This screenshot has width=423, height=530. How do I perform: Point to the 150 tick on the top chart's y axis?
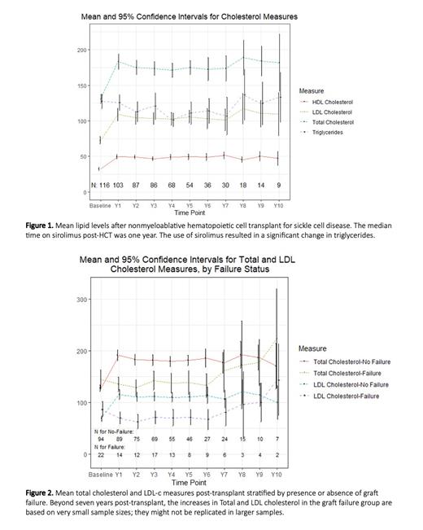(81, 85)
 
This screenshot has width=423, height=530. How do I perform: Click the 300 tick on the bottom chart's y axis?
(81, 300)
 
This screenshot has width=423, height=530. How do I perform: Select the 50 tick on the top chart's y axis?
(82, 156)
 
